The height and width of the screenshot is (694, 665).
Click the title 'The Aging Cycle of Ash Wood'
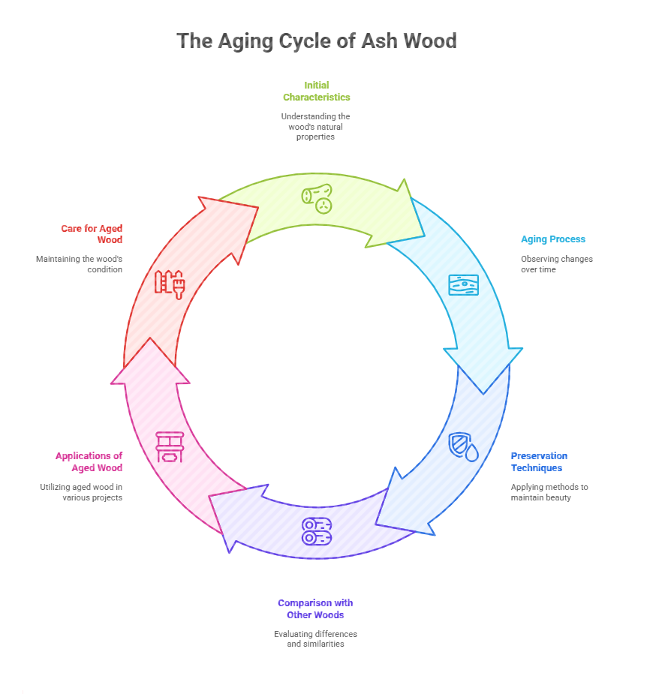pyautogui.click(x=316, y=41)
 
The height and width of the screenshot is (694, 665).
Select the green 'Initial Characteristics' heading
pyautogui.click(x=316, y=91)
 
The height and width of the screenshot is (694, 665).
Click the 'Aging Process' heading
pyautogui.click(x=553, y=239)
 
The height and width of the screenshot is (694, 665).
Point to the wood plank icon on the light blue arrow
pyautogui.click(x=463, y=285)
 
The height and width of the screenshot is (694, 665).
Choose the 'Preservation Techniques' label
pyautogui.click(x=539, y=461)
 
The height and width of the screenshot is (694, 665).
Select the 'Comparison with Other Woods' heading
pyautogui.click(x=315, y=608)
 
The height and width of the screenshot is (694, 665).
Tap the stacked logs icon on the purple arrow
pyautogui.click(x=317, y=531)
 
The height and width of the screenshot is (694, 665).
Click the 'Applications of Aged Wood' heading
pyautogui.click(x=89, y=461)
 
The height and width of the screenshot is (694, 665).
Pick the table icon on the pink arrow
pyautogui.click(x=169, y=446)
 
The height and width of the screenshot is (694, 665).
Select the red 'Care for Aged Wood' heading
pyautogui.click(x=92, y=234)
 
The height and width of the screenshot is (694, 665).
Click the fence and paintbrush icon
pyautogui.click(x=170, y=284)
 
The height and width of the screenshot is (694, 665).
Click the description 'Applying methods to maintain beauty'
pyautogui.click(x=549, y=492)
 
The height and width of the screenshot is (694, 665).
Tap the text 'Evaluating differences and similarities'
pyautogui.click(x=315, y=638)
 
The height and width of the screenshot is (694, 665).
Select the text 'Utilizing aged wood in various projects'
pyautogui.click(x=81, y=492)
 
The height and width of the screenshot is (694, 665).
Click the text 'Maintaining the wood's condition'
pyautogui.click(x=79, y=264)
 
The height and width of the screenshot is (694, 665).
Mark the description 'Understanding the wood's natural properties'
pyautogui.click(x=315, y=126)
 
